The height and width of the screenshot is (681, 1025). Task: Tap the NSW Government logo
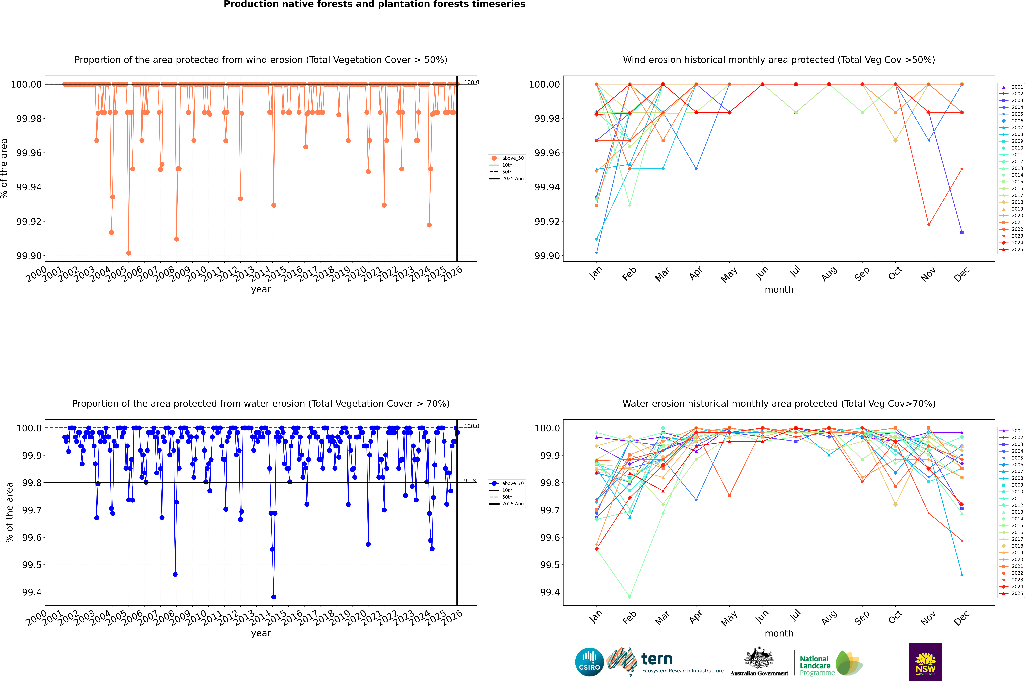click(x=925, y=662)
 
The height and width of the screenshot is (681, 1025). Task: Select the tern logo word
click(x=657, y=659)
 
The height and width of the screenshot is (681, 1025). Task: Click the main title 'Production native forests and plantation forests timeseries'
click(x=374, y=4)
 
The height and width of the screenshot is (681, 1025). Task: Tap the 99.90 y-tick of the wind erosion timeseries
click(x=29, y=256)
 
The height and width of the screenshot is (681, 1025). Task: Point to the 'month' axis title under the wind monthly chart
click(x=779, y=290)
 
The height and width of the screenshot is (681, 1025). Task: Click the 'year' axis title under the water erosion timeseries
click(x=261, y=633)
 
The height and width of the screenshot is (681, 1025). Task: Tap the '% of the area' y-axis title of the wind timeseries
click(x=4, y=168)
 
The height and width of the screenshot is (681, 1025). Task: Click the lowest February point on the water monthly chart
click(x=630, y=597)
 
